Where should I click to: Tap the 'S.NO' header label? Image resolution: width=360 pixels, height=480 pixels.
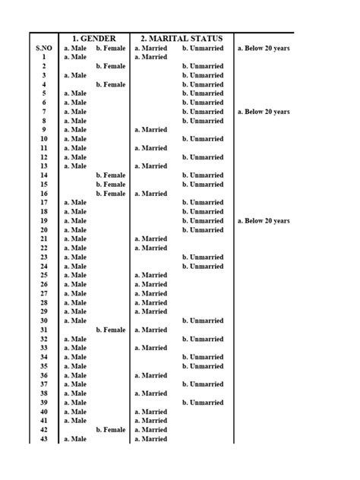tap(44, 48)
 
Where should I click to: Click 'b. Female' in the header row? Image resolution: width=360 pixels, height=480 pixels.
tap(111, 48)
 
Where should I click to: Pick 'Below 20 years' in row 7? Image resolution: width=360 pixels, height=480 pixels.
tap(264, 112)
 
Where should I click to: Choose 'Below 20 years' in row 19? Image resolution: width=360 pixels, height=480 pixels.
tap(264, 221)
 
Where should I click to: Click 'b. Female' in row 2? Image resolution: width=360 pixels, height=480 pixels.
tap(111, 66)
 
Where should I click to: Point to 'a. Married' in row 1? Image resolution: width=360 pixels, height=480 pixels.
tap(151, 57)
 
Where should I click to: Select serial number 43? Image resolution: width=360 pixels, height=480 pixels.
tap(44, 439)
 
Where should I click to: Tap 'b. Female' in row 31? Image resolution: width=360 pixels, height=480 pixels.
tap(111, 330)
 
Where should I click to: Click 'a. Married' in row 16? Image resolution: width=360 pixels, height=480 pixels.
tap(151, 194)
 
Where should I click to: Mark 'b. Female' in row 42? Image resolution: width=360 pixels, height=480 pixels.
tap(111, 430)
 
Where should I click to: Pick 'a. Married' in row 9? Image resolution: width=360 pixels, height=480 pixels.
tap(151, 130)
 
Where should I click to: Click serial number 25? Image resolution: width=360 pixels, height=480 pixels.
tap(44, 276)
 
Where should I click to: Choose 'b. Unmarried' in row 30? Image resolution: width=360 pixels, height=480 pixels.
tap(203, 321)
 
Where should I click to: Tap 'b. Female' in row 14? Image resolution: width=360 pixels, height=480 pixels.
tap(111, 175)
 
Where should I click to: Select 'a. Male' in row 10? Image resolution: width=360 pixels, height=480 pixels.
tap(75, 139)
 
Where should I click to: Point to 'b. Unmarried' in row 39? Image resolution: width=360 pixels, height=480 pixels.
tap(203, 403)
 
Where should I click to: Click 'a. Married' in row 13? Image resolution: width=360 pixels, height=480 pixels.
tap(151, 166)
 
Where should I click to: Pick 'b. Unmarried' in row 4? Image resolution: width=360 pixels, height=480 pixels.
tap(203, 84)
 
